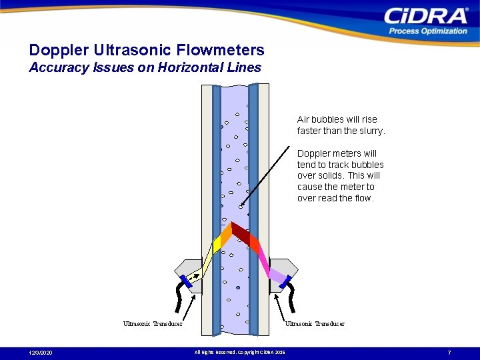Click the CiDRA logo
[x=426, y=15]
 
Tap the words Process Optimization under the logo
[x=428, y=31]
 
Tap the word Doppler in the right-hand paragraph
[x=314, y=153]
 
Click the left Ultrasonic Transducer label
[x=153, y=324]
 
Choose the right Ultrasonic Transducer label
[x=315, y=324]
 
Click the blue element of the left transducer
[x=187, y=281]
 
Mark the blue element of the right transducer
[x=285, y=281]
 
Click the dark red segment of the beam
[x=240, y=232]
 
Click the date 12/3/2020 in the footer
[x=41, y=352]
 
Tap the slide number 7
[x=449, y=352]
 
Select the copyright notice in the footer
[x=239, y=352]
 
